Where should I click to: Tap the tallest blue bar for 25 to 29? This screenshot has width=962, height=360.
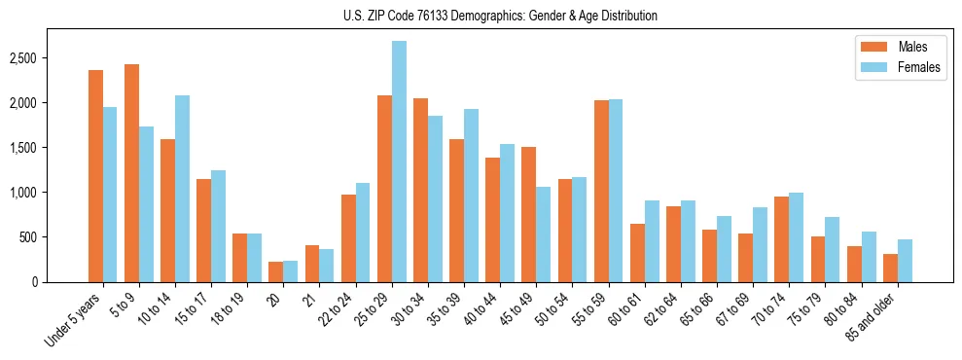tap(399, 162)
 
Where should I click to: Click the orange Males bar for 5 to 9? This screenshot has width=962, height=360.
tap(131, 173)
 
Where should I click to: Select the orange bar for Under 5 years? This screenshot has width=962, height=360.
tap(95, 176)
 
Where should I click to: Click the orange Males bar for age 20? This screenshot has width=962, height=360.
tap(275, 271)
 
